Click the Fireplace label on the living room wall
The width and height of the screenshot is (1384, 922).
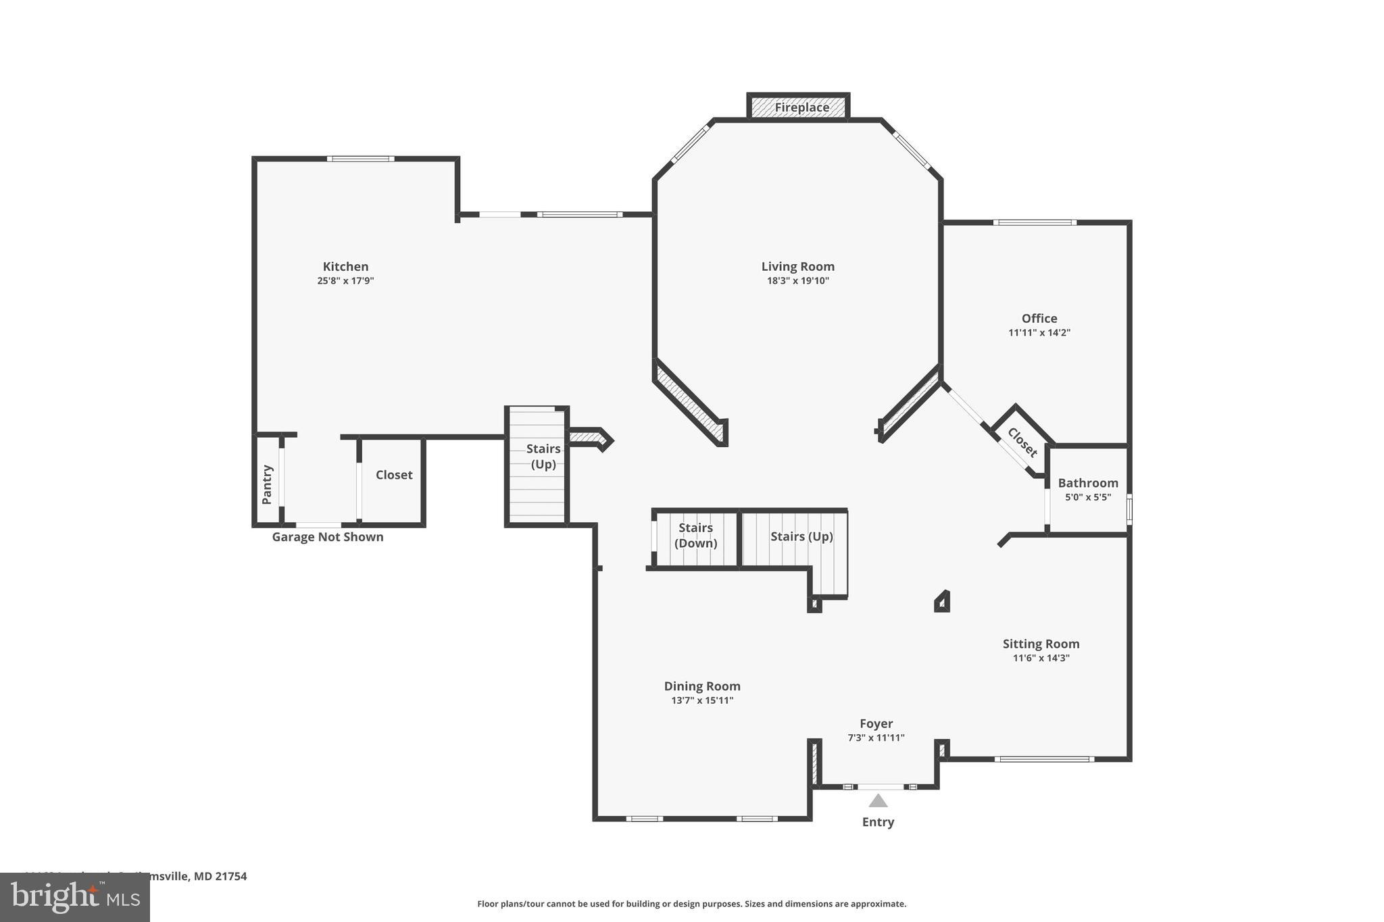(x=801, y=107)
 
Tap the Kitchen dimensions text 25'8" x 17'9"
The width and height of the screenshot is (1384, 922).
(x=345, y=281)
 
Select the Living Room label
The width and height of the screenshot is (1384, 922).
(x=797, y=266)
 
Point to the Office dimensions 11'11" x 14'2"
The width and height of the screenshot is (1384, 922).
(x=1039, y=333)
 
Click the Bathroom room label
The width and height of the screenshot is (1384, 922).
(x=1087, y=483)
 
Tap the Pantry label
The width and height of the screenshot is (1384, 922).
(x=267, y=484)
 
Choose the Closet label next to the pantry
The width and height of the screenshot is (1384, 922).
(x=394, y=475)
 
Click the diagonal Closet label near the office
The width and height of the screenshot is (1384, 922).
(x=1022, y=442)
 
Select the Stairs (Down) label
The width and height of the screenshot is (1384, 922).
(x=695, y=536)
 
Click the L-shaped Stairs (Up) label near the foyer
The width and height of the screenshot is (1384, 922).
(x=801, y=536)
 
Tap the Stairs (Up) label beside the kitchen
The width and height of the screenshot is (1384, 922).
(x=543, y=456)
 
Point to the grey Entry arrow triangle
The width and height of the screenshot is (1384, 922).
(x=877, y=801)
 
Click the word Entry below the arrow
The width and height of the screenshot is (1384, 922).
(x=877, y=822)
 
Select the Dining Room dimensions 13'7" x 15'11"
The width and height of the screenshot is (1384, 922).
(x=701, y=700)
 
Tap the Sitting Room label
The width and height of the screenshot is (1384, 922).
(x=1041, y=644)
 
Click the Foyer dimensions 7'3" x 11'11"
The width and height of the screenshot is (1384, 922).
(x=876, y=738)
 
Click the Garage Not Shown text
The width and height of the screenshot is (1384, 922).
(x=328, y=537)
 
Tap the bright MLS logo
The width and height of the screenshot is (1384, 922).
(x=75, y=898)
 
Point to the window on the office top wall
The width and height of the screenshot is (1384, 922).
(x=1034, y=222)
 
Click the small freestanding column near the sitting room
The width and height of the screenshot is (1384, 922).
(x=943, y=602)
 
